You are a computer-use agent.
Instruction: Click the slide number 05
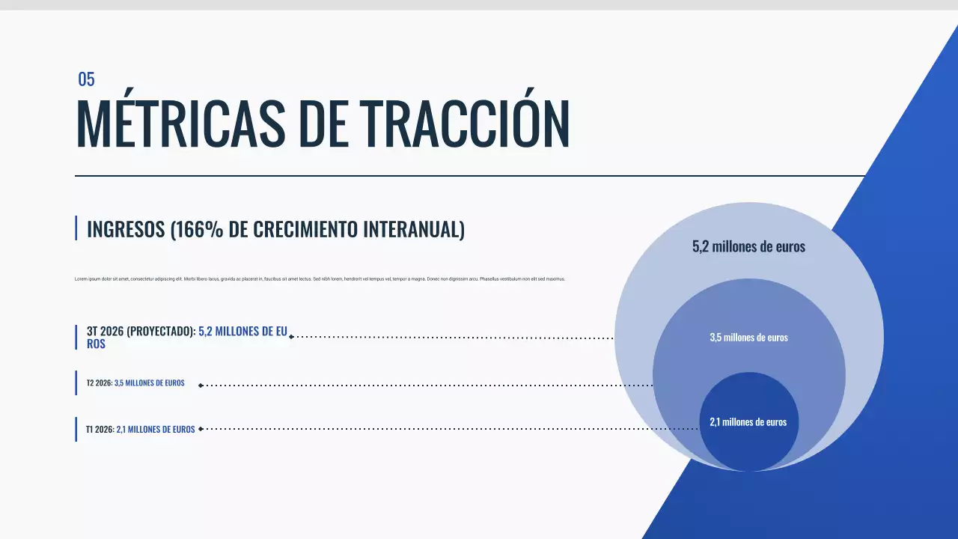(x=86, y=79)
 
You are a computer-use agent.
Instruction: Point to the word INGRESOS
(x=126, y=229)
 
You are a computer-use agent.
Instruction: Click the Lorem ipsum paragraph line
(x=320, y=278)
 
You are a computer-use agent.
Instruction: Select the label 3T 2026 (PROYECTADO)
(x=141, y=331)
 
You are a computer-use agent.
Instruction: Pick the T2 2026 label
(x=99, y=383)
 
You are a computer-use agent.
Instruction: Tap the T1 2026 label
(x=100, y=430)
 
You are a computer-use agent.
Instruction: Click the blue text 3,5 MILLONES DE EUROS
(x=150, y=383)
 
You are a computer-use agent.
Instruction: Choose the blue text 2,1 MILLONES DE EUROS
(x=156, y=430)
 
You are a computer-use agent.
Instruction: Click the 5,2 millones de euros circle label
(x=748, y=246)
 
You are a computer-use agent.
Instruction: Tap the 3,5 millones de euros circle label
(x=748, y=338)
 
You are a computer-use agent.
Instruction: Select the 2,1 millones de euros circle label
(x=748, y=422)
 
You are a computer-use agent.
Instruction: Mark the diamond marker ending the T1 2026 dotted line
(x=201, y=429)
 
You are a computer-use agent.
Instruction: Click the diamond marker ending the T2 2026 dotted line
(x=201, y=385)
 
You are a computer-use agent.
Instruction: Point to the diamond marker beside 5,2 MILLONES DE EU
(x=291, y=337)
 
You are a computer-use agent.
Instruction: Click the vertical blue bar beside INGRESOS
(x=76, y=228)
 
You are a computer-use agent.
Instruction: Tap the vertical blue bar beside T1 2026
(x=76, y=429)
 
